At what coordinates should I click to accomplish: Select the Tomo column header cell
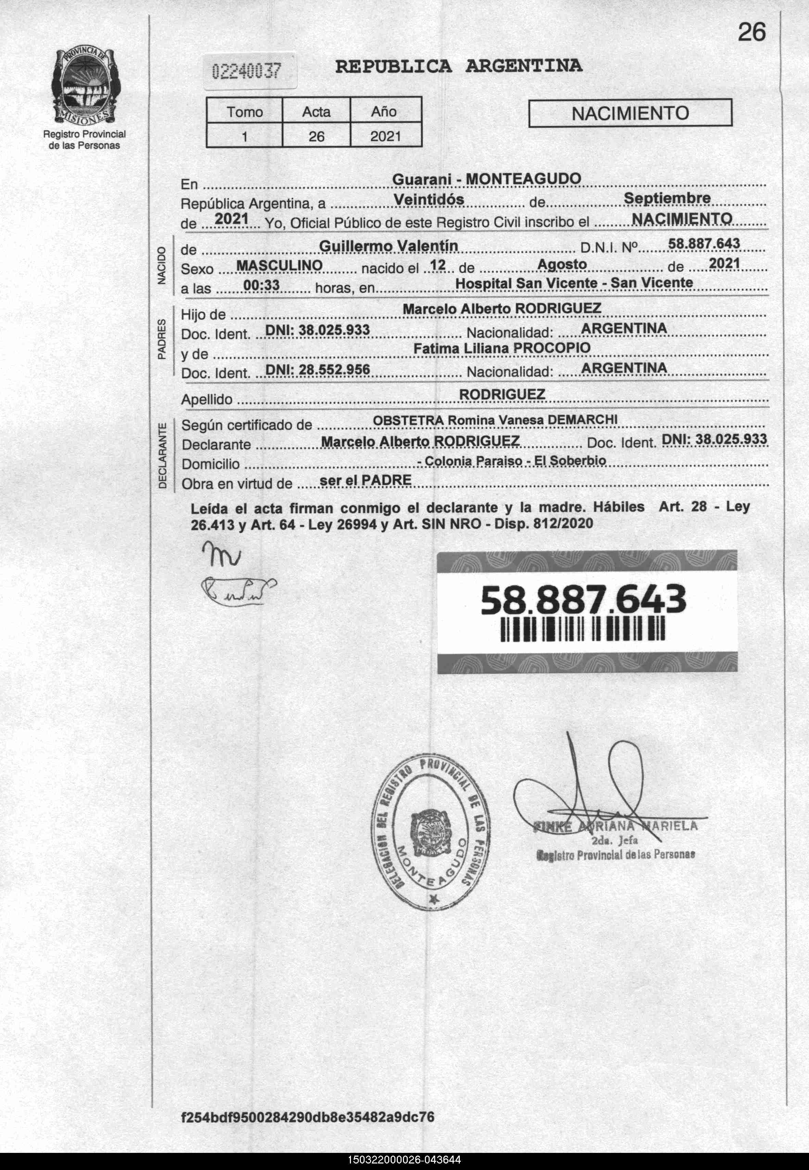(244, 112)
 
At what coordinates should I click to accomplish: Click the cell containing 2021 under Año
(385, 136)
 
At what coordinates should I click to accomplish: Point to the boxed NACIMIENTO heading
(630, 113)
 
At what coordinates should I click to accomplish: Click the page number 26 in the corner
(751, 33)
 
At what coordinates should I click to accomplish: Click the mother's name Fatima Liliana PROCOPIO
(502, 348)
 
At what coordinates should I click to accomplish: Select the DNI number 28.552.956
(317, 369)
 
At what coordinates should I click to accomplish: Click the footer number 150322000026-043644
(404, 1160)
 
